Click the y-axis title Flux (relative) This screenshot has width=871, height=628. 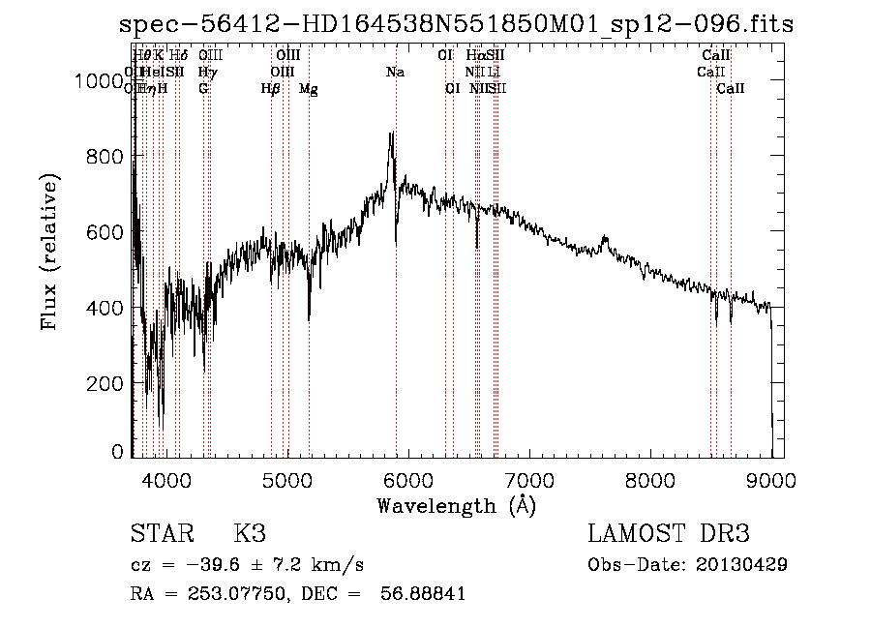tap(49, 252)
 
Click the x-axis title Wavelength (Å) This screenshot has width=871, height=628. tap(456, 505)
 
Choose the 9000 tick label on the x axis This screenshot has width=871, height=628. tap(771, 478)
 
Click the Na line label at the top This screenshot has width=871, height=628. tap(395, 73)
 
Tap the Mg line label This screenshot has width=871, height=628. tap(309, 89)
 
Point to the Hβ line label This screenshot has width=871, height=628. tap(271, 89)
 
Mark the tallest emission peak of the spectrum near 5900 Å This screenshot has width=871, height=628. tap(391, 135)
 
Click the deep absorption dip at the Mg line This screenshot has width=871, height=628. tap(309, 318)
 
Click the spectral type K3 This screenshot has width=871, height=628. tap(250, 534)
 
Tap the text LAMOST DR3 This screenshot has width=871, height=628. tap(669, 534)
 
